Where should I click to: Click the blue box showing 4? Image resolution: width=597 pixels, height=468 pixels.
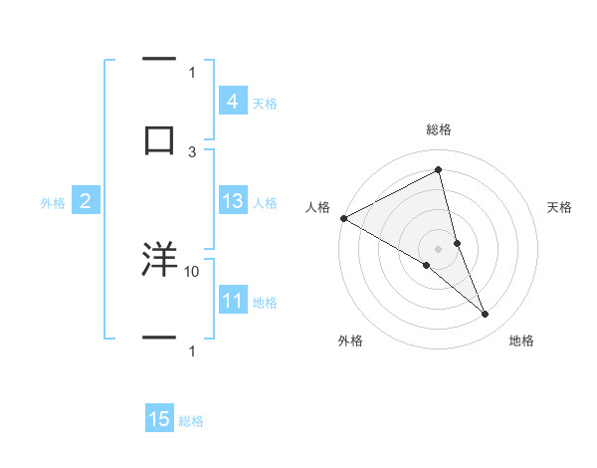[x=232, y=102]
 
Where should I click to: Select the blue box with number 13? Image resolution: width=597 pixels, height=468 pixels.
[x=232, y=201]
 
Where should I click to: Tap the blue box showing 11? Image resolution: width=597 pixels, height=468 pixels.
[x=232, y=301]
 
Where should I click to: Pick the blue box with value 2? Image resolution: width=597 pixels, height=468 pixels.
[x=85, y=201]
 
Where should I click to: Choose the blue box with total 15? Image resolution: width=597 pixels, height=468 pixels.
[x=158, y=419]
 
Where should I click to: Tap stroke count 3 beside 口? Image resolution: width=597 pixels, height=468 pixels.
[x=192, y=151]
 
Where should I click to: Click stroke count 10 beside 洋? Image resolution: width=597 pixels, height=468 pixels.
[x=192, y=271]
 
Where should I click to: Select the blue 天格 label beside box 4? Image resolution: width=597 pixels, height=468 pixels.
[x=265, y=104]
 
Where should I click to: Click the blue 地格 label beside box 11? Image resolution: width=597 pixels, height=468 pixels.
[x=265, y=303]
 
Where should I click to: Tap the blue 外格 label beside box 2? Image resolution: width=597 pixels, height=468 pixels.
[x=53, y=203]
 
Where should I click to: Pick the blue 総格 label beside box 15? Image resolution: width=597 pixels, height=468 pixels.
[x=191, y=421]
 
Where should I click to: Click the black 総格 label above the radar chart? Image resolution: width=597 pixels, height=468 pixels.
[x=439, y=129]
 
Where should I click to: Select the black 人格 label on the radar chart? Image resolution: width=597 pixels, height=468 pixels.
[x=317, y=207]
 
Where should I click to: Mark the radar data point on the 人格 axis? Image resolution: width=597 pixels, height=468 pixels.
[x=343, y=218]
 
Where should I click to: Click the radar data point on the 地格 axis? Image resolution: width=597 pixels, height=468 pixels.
[x=486, y=315]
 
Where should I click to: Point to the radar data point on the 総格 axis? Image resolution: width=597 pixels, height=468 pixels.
[x=439, y=169]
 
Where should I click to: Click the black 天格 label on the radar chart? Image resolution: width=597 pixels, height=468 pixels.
[x=560, y=207]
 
